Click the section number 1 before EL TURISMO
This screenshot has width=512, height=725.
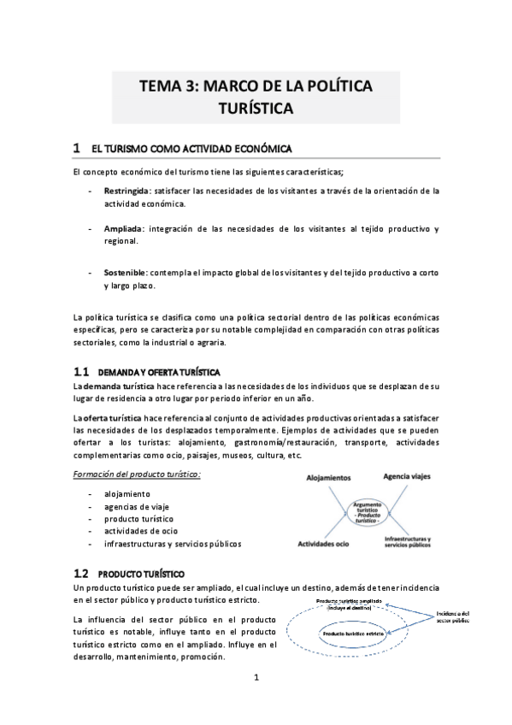[x=77, y=148]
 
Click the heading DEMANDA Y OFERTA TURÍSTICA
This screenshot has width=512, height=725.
[x=160, y=373]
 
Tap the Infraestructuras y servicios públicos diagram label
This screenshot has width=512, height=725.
[x=407, y=544]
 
